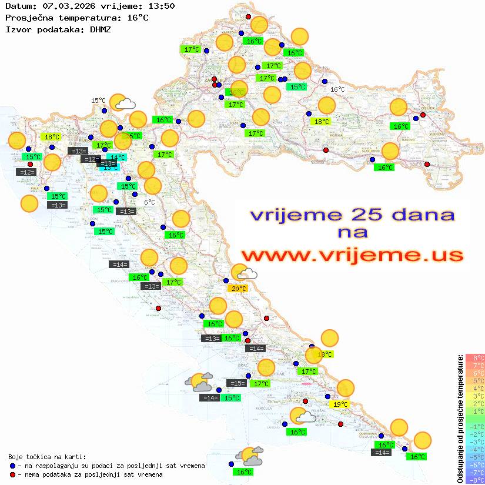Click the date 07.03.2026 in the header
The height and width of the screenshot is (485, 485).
(65, 6)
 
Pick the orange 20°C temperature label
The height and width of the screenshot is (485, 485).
(238, 288)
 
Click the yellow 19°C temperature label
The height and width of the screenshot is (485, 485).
(340, 404)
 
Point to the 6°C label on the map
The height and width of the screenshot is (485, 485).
(149, 202)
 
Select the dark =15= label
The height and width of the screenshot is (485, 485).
(237, 383)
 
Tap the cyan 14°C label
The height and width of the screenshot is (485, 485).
(117, 157)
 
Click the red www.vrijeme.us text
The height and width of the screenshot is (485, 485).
(352, 255)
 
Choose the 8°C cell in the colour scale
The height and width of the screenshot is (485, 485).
(475, 358)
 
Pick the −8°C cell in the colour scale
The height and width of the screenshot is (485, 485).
(475, 480)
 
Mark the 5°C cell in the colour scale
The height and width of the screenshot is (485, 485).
(475, 380)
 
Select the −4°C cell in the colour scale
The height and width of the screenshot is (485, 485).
(475, 449)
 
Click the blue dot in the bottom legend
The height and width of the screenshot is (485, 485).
(12, 466)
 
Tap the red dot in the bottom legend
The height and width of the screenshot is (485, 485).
(12, 474)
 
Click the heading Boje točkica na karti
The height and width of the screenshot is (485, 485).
(47, 457)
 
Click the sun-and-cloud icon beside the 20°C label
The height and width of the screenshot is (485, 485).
(243, 272)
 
